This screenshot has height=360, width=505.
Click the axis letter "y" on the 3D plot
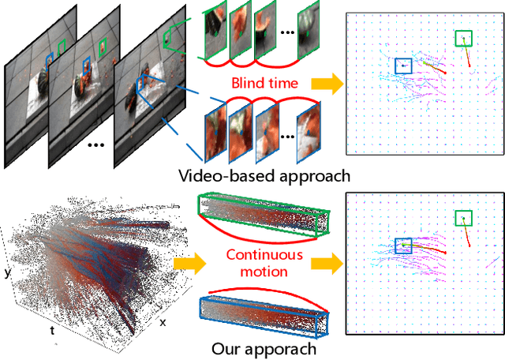[7, 273]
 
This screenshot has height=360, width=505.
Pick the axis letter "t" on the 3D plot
[53, 331]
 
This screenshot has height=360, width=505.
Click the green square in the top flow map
[464, 39]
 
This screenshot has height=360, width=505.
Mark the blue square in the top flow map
[403, 66]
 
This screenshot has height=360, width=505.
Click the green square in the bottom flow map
[464, 218]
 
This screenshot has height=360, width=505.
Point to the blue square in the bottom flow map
[403, 246]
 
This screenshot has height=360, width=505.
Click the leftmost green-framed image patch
[214, 36]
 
